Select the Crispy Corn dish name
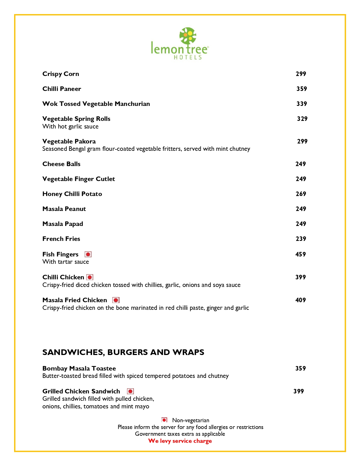61,74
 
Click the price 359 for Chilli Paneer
302,89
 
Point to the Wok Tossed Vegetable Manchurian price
302,104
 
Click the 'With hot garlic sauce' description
70,127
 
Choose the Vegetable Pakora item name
69,141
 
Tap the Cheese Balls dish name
61,164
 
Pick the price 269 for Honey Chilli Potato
301,194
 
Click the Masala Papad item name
63,224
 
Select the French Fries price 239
301,239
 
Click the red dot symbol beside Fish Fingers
88,254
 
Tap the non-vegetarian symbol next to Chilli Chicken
90,277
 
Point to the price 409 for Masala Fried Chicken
300,300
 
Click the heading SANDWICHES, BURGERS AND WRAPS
123,352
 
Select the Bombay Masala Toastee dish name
79,369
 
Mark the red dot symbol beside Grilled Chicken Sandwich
130,391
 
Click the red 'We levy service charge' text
180,441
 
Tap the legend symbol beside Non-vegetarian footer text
164,420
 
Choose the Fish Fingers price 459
300,254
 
